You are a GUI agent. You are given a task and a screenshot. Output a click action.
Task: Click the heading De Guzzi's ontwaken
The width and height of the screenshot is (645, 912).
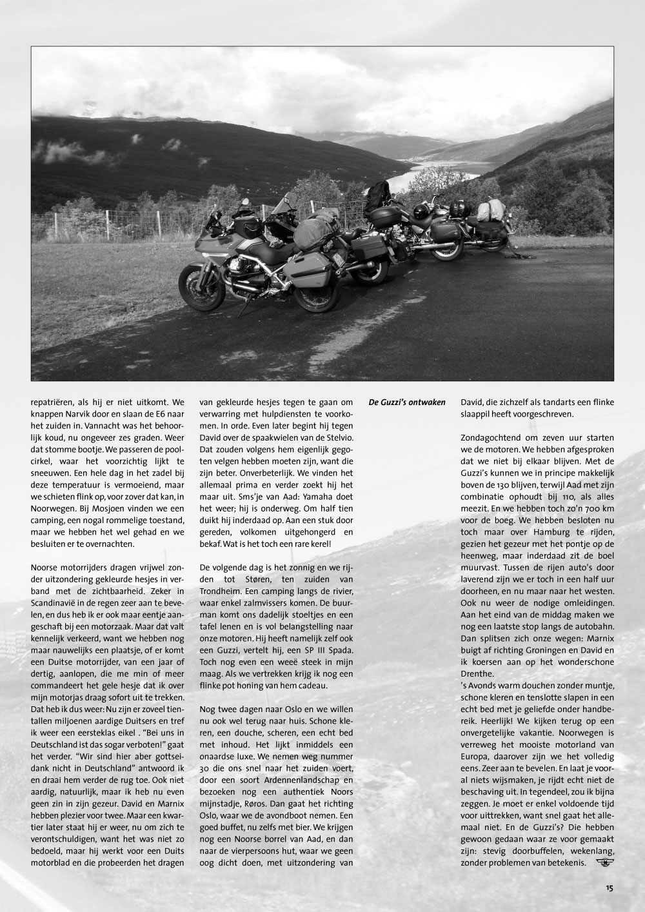coord(406,402)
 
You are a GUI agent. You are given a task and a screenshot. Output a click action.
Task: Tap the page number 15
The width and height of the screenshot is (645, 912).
coord(610,887)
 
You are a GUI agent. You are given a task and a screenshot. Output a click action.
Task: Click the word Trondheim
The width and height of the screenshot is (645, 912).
coord(226,591)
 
